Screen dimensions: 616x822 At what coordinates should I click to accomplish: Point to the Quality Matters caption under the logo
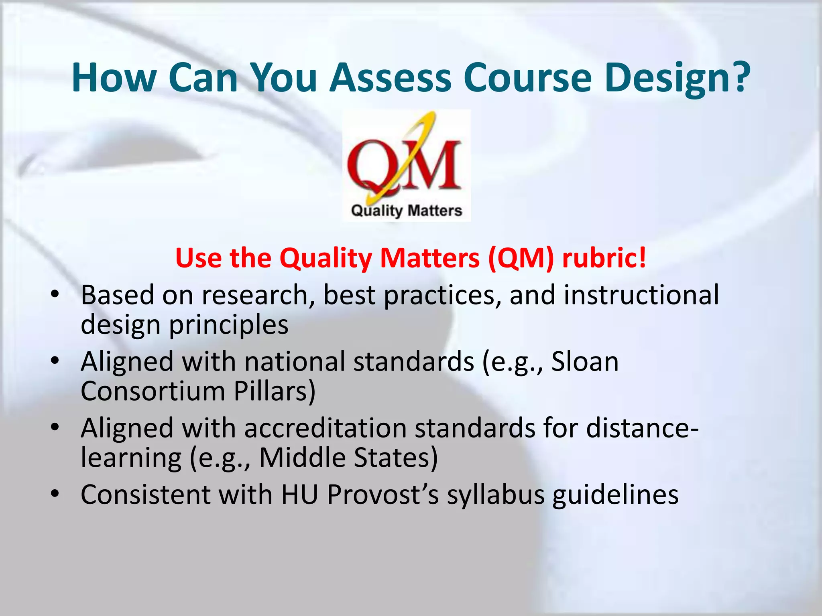point(406,211)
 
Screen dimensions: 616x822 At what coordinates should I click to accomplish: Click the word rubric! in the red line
point(604,257)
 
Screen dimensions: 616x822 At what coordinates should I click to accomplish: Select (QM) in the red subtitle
point(521,257)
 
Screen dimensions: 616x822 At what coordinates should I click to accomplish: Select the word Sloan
point(585,361)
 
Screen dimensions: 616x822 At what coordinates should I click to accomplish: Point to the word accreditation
point(325,428)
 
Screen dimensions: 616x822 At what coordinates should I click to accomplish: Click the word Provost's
point(383,494)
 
